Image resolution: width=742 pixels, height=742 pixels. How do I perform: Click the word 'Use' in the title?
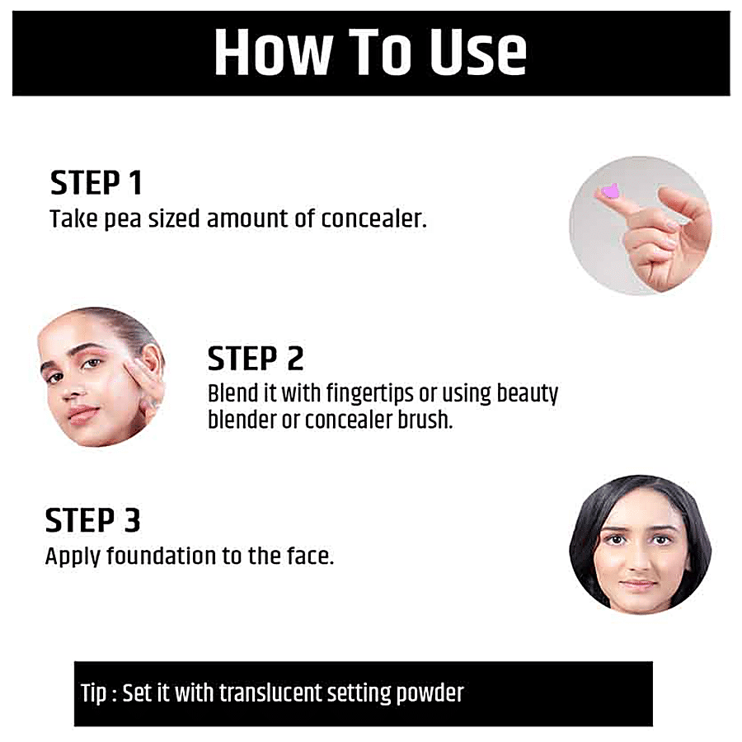point(477,52)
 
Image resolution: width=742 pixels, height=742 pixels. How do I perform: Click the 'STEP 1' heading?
point(96,183)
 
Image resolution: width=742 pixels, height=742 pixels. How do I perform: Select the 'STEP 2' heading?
point(256,359)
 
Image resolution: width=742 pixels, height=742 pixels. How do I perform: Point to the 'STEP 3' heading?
point(92,520)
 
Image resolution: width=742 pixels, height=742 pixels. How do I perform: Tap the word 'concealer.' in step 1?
point(373,218)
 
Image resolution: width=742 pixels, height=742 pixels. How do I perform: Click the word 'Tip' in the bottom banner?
point(93,693)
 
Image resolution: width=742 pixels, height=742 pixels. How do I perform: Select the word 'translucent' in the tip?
point(270,693)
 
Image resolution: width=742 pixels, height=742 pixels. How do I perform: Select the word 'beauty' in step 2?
point(527,394)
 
